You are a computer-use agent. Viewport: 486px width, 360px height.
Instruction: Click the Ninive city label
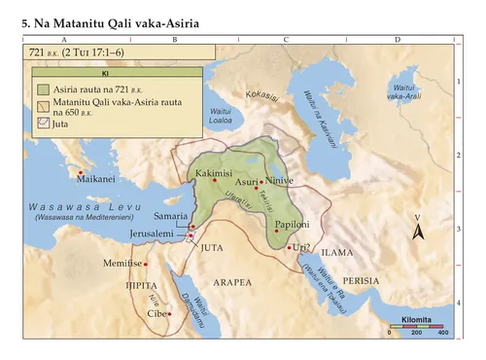(280, 181)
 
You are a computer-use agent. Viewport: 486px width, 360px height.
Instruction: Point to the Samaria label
(171, 214)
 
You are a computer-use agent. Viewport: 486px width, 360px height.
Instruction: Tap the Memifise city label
(121, 264)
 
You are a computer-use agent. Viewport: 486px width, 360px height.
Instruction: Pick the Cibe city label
(156, 314)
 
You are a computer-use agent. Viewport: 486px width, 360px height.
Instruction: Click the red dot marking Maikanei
(80, 173)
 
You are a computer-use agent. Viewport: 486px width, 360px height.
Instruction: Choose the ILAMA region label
(337, 252)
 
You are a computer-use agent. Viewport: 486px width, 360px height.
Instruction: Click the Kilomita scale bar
(415, 326)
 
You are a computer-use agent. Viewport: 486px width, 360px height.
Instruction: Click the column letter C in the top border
(285, 40)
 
